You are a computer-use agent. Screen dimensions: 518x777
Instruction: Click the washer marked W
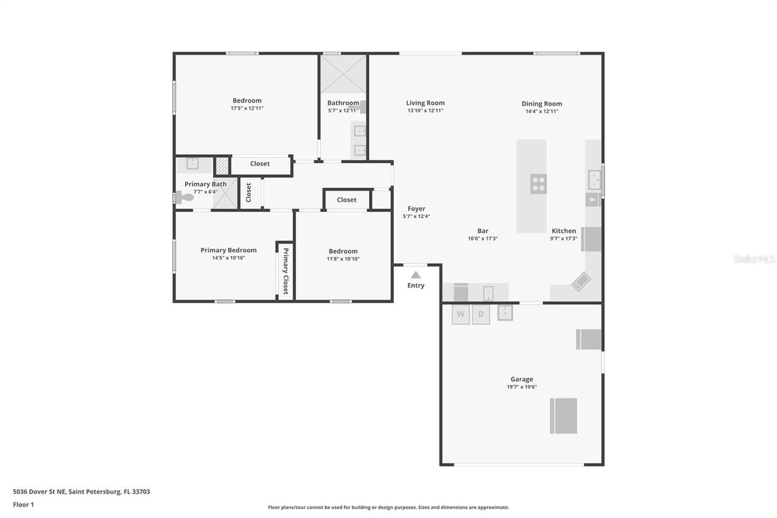461,314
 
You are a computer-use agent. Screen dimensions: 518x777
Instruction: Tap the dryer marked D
481,314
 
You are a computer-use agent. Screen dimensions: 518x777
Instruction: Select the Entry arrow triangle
416,275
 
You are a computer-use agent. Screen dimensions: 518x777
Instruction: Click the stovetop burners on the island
538,183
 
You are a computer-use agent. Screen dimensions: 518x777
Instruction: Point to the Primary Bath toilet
184,197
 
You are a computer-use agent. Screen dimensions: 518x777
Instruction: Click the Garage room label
521,379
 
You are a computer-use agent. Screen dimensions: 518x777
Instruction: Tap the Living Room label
426,103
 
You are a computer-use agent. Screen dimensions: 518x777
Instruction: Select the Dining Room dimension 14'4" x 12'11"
541,111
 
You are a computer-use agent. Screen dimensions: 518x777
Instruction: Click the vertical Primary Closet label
285,271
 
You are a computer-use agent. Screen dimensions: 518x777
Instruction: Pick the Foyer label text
416,208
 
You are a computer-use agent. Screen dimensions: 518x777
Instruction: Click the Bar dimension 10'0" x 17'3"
483,239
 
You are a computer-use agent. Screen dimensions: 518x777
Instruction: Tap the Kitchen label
563,231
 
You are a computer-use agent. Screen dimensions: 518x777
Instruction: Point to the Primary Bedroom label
228,250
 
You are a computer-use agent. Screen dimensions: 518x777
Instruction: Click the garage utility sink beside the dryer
505,313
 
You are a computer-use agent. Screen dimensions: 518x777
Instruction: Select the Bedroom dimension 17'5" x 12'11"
247,108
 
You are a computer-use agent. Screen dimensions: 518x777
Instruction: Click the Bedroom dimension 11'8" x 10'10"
343,259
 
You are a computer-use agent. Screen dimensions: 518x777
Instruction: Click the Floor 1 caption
24,504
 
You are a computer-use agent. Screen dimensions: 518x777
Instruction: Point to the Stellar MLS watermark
754,259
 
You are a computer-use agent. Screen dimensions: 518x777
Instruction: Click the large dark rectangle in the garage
563,416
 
